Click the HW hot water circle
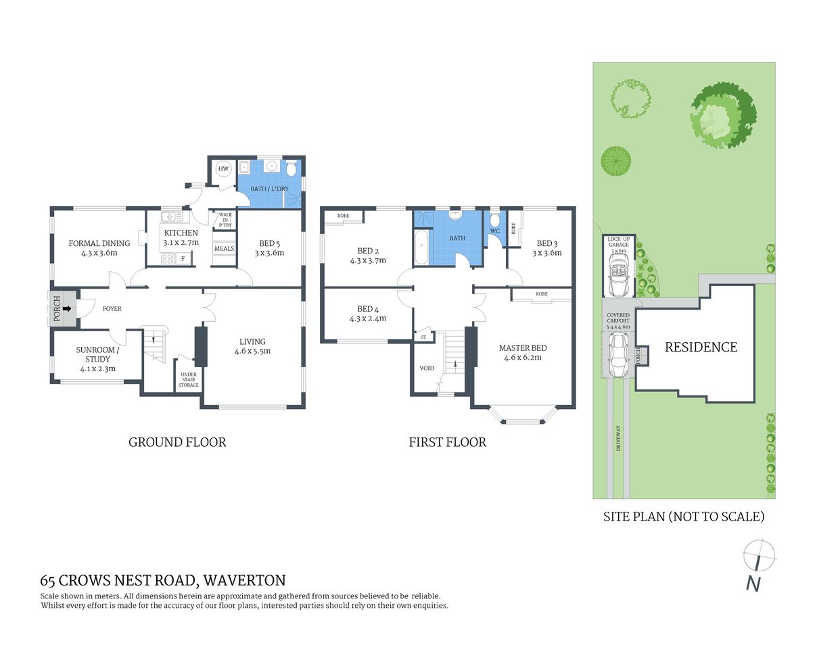(223, 169)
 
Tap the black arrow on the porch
(67, 308)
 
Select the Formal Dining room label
(99, 248)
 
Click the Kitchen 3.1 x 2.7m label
(181, 237)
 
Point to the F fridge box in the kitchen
(183, 258)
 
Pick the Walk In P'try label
(225, 220)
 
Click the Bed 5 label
(269, 248)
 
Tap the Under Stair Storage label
(189, 380)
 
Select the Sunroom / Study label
(97, 359)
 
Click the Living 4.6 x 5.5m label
(252, 346)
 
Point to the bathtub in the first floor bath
(421, 247)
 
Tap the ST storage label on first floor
(423, 336)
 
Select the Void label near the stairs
(427, 368)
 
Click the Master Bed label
(523, 352)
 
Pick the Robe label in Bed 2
(344, 216)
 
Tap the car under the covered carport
(617, 355)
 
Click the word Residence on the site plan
(701, 347)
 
